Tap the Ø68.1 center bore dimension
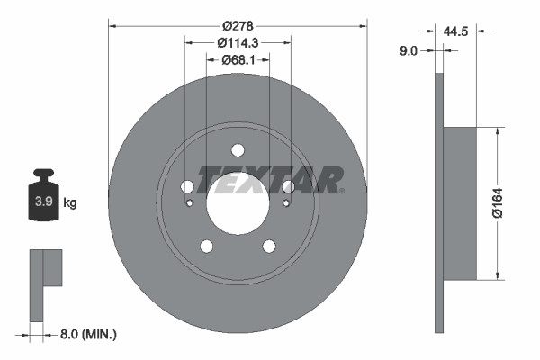point(238,61)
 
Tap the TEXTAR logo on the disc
point(270,180)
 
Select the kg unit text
point(70,202)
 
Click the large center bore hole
point(238,202)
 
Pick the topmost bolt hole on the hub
point(238,150)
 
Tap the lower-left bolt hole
point(206,246)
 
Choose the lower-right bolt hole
point(269,246)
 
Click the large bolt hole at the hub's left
point(187,186)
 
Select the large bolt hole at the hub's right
point(288,186)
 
